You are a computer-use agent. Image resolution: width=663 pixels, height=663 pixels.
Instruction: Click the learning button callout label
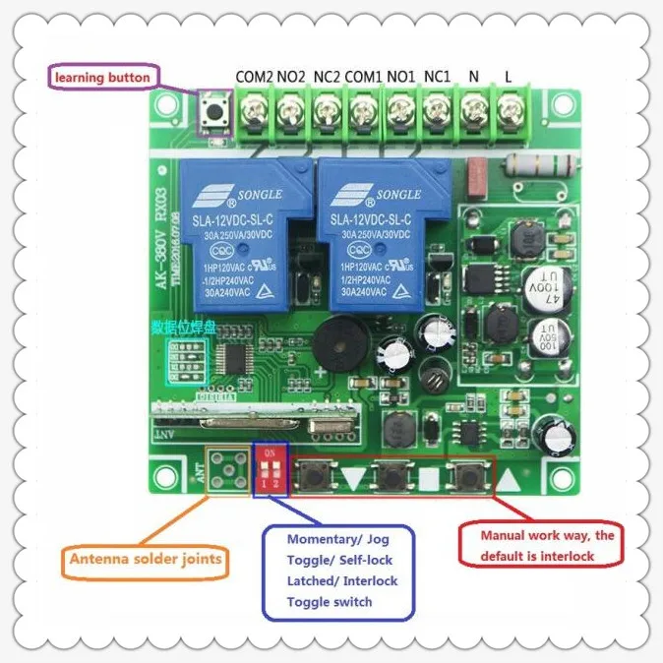(x=102, y=77)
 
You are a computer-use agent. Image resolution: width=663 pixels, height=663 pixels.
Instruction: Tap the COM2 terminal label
(x=253, y=76)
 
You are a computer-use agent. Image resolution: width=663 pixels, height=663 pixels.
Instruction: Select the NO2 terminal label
(x=291, y=76)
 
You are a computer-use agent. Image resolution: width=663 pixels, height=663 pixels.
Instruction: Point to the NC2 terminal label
(x=327, y=76)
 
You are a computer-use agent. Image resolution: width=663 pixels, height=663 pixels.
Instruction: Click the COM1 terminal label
(x=364, y=76)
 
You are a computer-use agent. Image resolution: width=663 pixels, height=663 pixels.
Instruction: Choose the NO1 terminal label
(x=400, y=76)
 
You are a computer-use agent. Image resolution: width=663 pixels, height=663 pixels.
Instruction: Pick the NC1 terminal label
(x=436, y=76)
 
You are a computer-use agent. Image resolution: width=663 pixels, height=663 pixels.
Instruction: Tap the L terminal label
(x=508, y=76)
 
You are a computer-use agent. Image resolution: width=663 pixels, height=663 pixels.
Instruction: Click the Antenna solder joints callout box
(x=146, y=562)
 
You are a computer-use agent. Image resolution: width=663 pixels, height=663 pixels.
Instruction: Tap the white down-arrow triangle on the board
(x=354, y=480)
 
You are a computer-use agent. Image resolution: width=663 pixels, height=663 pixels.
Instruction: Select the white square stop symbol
(x=430, y=481)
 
